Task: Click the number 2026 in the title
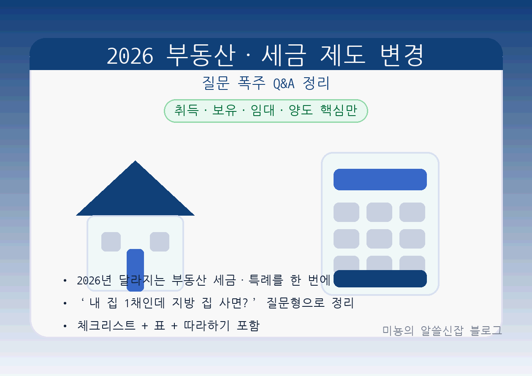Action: click(130, 56)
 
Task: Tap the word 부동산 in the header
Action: click(200, 55)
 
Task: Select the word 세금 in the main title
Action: click(282, 55)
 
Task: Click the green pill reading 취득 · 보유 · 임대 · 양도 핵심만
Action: click(266, 111)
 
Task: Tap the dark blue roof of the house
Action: click(135, 194)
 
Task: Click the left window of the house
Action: click(111, 241)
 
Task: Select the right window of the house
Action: click(160, 241)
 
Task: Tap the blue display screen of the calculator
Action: click(380, 179)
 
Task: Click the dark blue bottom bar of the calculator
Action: click(380, 279)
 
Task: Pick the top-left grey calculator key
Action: click(346, 212)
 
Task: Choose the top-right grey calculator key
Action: click(412, 212)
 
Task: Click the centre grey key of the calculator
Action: click(379, 238)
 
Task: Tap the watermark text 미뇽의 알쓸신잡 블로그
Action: click(442, 330)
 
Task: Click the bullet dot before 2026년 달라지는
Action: click(65, 281)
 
